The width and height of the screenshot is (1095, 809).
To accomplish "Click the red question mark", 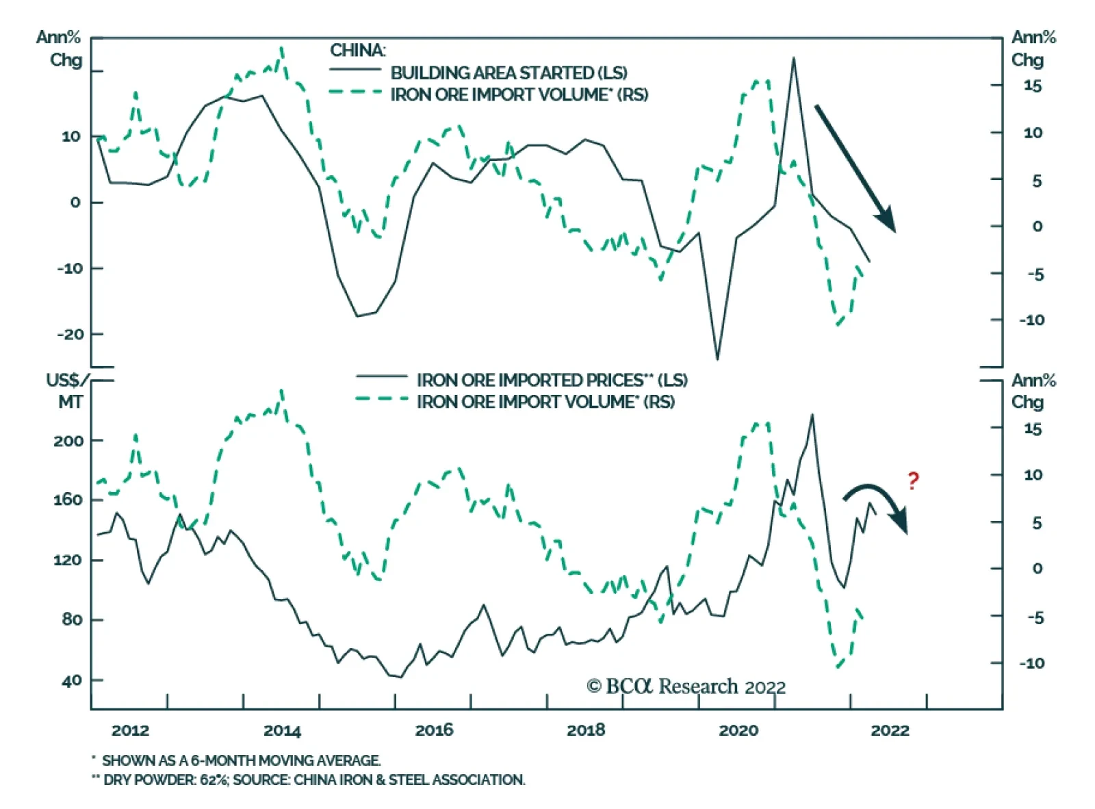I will [x=913, y=481].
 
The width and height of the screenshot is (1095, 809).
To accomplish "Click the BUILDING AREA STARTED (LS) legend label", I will [x=508, y=73].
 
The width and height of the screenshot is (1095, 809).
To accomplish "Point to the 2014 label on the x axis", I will [x=282, y=730].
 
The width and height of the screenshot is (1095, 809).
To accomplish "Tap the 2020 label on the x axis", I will [x=738, y=730].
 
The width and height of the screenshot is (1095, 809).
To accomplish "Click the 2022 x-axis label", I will [x=890, y=730].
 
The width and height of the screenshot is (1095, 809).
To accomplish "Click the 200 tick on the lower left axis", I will [x=68, y=441].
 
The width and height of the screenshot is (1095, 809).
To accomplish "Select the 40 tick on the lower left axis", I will [x=71, y=680].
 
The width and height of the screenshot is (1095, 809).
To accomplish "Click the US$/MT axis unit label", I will [x=67, y=390].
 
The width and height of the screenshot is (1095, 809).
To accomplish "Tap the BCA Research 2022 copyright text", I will [x=686, y=686].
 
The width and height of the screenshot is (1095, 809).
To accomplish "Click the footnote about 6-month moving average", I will [x=237, y=760].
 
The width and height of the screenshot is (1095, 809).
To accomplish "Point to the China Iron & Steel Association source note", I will [x=309, y=780].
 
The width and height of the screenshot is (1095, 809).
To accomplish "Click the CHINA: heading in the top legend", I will [x=357, y=51].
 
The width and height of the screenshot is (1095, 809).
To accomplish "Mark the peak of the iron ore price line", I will [x=812, y=415].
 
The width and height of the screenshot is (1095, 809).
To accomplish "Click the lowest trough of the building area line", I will [x=717, y=359].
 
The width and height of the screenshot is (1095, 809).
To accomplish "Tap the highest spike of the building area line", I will [x=794, y=58].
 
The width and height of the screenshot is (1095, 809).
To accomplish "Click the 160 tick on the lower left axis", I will [x=68, y=500].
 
